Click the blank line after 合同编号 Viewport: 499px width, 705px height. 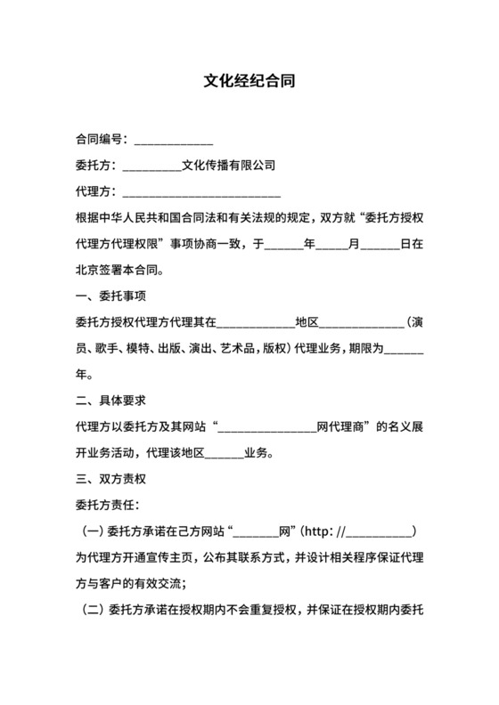(172, 141)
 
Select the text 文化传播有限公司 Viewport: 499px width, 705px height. (228, 166)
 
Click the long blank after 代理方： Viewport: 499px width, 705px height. (200, 192)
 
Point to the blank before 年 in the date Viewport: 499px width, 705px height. (284, 242)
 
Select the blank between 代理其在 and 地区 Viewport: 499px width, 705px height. (256, 322)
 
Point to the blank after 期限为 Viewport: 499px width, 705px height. (406, 349)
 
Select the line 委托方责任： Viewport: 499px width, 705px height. (102, 506)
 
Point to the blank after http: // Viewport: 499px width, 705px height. (378, 532)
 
